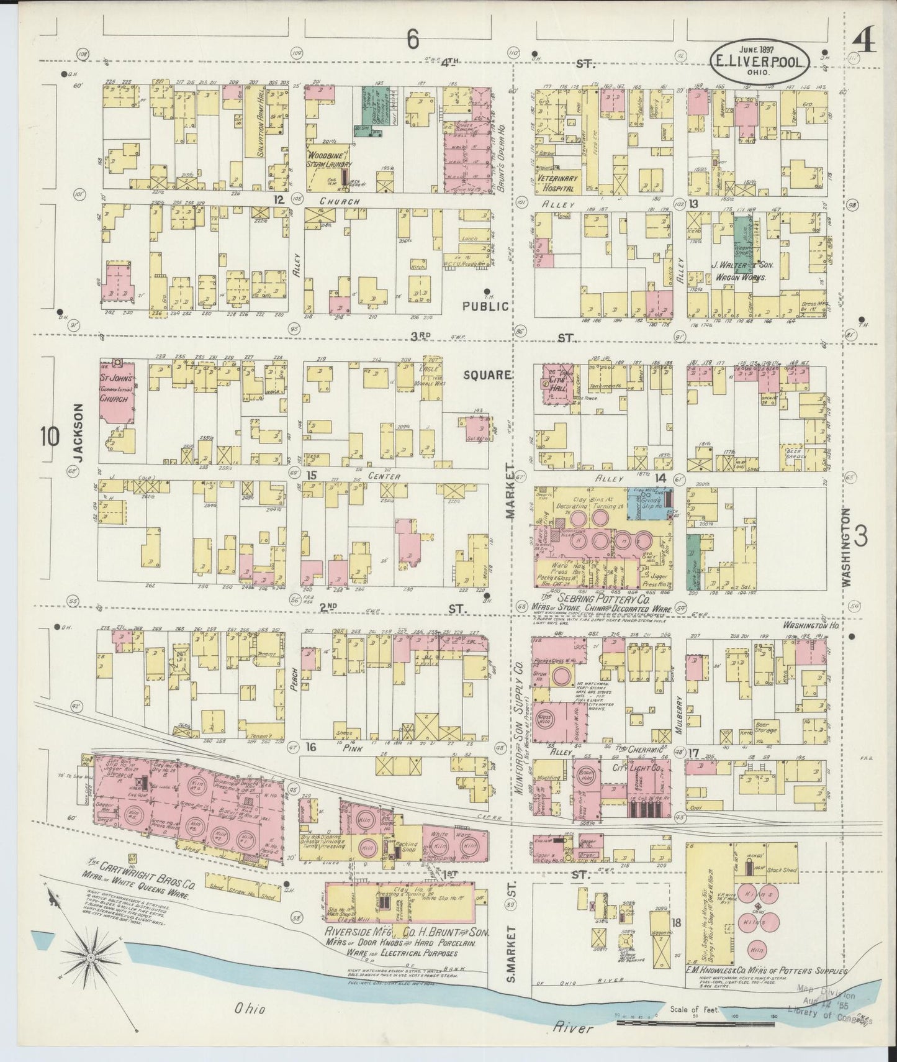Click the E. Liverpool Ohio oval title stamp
[760, 60]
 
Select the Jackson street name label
[77, 433]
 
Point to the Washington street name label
[846, 547]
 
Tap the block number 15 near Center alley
[311, 476]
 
